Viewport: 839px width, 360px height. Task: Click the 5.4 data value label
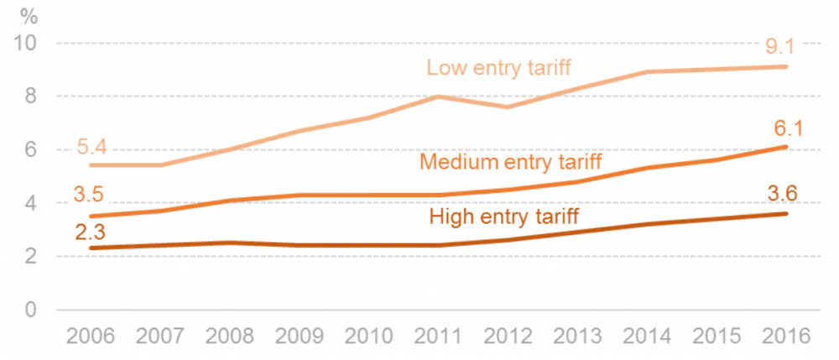coord(92,148)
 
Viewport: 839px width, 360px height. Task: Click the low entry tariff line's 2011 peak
coord(439,97)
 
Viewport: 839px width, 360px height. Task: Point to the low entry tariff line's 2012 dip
coord(508,107)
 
